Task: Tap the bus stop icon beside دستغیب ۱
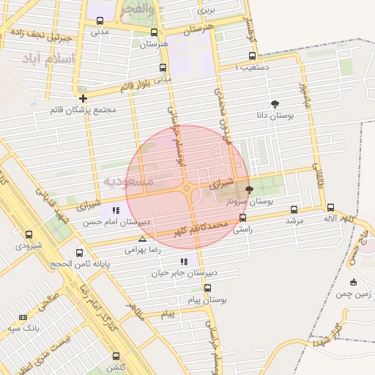coord(253,56)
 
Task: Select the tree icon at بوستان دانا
coord(275,105)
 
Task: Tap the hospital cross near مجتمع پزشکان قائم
coord(83,98)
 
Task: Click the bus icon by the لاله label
coord(331,207)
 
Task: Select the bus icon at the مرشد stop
coord(294,209)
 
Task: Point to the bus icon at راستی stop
coord(242,218)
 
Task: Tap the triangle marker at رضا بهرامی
coord(142,239)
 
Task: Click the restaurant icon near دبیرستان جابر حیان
coord(184,261)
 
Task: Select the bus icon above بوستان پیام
coord(208,289)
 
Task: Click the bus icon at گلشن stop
coord(116,355)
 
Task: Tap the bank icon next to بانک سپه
coord(23,317)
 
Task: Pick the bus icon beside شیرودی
coord(29,235)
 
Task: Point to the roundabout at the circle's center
coord(187,188)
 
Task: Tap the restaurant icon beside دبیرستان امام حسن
coord(115,210)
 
